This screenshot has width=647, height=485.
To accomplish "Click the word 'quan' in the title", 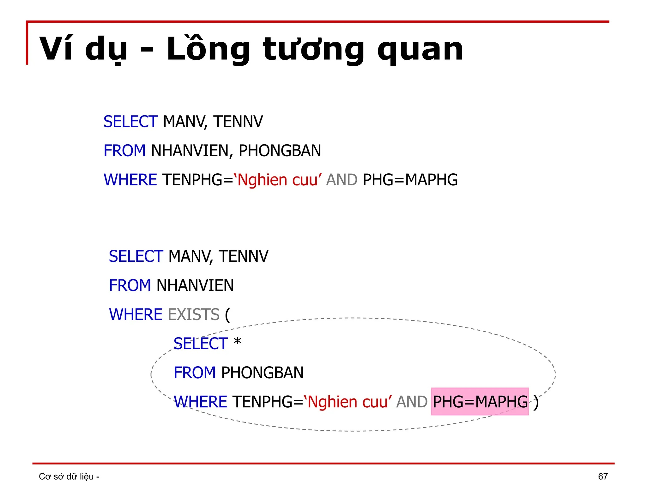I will click(420, 50).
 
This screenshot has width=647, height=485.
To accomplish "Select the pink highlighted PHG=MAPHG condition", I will click(480, 402).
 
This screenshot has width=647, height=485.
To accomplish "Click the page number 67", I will click(603, 476).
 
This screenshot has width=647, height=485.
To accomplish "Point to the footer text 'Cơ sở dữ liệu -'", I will click(69, 476).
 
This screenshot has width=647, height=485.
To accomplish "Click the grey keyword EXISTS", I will click(194, 314).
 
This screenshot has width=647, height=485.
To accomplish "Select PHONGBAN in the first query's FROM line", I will click(280, 151).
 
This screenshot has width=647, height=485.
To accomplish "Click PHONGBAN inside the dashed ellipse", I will click(262, 373).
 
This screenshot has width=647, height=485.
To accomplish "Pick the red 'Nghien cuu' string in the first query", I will click(278, 180).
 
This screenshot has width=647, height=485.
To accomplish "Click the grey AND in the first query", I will click(342, 180).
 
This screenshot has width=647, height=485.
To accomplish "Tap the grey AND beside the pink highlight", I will click(412, 402).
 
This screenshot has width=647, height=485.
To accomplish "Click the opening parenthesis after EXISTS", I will click(228, 315).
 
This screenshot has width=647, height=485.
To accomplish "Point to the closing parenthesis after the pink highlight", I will click(536, 403).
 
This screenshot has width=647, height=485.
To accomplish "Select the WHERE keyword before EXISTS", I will click(136, 314).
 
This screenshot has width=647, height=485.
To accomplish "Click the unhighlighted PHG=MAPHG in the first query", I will click(410, 180).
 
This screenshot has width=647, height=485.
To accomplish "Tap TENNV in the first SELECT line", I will click(238, 122).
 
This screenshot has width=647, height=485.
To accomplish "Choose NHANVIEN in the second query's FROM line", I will click(195, 285).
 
